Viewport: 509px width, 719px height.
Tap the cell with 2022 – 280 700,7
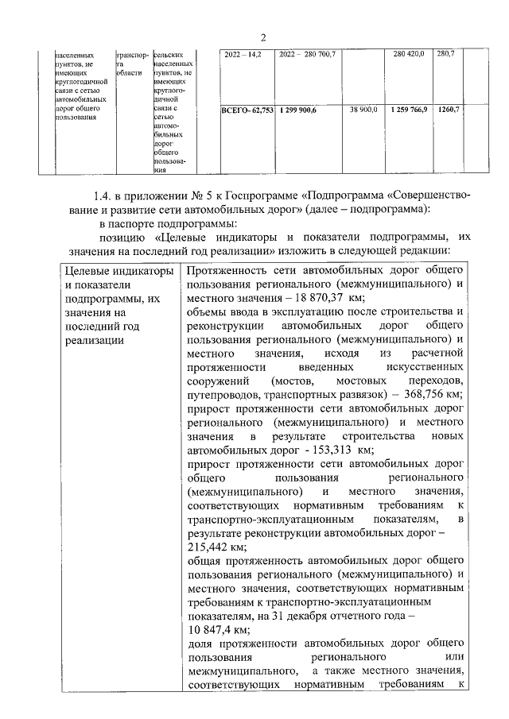(308, 54)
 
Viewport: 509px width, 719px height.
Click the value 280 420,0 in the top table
(409, 54)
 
